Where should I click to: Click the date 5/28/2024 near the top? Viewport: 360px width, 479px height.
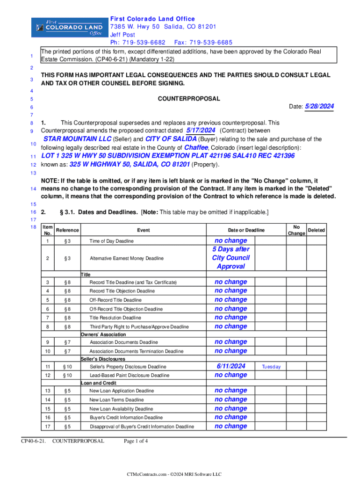(x=319, y=107)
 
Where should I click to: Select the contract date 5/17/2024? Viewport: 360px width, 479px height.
(x=201, y=130)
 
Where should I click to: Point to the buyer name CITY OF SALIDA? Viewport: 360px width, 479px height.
(x=171, y=139)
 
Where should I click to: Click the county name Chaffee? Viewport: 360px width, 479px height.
(x=196, y=147)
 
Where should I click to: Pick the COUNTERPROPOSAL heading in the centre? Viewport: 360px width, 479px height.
(x=182, y=99)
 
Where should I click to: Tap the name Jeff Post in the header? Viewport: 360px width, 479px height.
(x=122, y=35)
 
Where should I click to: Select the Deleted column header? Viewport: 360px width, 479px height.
(x=317, y=230)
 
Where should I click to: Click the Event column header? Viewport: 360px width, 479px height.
(x=144, y=230)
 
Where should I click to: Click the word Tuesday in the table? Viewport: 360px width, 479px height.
(x=271, y=367)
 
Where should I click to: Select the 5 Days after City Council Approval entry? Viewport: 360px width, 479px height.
(x=231, y=258)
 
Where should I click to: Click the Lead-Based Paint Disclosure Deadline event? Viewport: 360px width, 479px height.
(x=129, y=376)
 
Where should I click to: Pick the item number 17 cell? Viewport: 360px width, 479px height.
(x=47, y=426)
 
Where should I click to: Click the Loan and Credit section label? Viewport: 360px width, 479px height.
(x=99, y=383)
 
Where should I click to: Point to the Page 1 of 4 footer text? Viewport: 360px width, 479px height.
(x=136, y=441)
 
